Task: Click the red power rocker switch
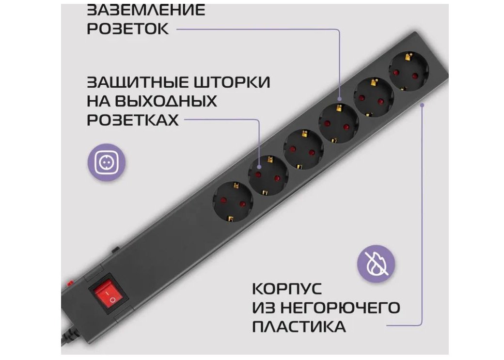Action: (109, 295)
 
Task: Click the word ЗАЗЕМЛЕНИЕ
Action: (146, 10)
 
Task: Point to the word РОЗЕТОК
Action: (128, 29)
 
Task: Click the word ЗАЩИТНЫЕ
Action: (137, 82)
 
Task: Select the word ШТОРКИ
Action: (232, 82)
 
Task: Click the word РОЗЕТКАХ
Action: (133, 120)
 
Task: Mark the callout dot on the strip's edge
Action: (422, 104)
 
